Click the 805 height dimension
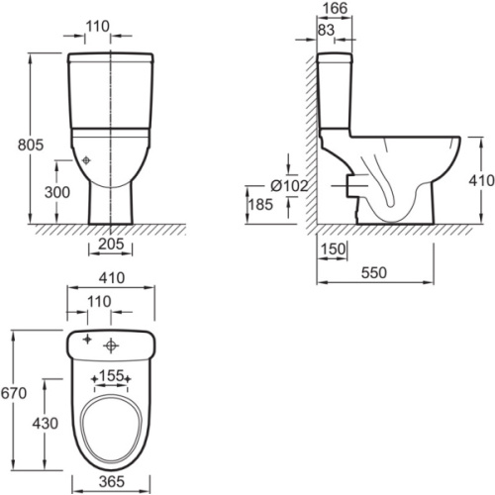coord(31,145)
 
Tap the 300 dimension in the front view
coord(57,192)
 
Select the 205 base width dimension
coord(111,244)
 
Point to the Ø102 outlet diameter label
coord(289,186)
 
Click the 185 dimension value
coord(260,204)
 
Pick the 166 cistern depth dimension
coord(335,9)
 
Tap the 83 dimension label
coord(326,30)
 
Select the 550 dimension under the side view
coord(373,272)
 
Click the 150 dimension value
coord(333,249)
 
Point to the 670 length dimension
coord(14,393)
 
